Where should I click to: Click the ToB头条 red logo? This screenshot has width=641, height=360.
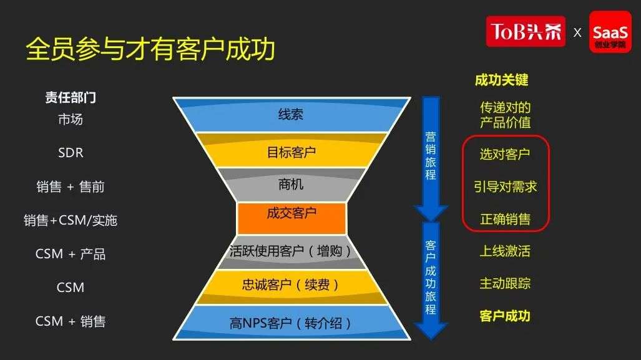pyautogui.click(x=526, y=31)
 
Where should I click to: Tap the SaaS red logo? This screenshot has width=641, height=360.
pyautogui.click(x=610, y=32)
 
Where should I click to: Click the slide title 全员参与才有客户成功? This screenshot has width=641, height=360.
pyautogui.click(x=150, y=49)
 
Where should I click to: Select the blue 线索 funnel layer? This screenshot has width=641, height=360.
pyautogui.click(x=291, y=115)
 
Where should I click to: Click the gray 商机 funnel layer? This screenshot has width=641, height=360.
pyautogui.click(x=291, y=185)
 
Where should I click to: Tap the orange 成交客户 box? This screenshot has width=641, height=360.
pyautogui.click(x=291, y=218)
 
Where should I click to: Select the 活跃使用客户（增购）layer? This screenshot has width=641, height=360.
pyautogui.click(x=291, y=251)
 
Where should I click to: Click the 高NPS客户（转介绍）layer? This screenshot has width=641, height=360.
pyautogui.click(x=291, y=323)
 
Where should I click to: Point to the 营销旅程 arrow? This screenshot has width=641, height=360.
pyautogui.click(x=431, y=157)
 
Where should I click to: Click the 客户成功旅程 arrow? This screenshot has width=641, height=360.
pyautogui.click(x=431, y=280)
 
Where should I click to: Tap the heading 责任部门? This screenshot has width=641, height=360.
pyautogui.click(x=71, y=97)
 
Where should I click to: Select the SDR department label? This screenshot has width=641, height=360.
pyautogui.click(x=71, y=153)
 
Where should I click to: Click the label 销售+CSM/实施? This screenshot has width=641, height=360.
pyautogui.click(x=71, y=220)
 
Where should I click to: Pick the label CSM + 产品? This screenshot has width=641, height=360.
pyautogui.click(x=71, y=254)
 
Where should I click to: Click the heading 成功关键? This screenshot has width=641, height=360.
pyautogui.click(x=502, y=80)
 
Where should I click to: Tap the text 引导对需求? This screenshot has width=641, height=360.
pyautogui.click(x=506, y=187)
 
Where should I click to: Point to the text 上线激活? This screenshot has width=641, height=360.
pyautogui.click(x=506, y=251)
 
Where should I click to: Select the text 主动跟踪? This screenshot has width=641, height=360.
pyautogui.click(x=506, y=283)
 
